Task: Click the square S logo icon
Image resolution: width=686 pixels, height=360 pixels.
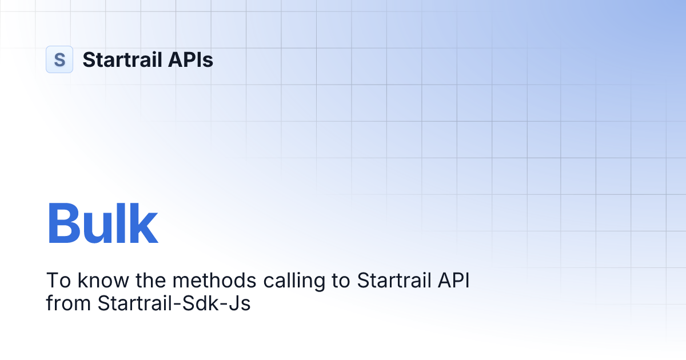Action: [59, 59]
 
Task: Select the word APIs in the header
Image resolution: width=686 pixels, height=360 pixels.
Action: [192, 59]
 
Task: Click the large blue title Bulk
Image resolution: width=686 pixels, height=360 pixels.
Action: [102, 224]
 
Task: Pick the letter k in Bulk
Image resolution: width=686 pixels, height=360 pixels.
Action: [142, 224]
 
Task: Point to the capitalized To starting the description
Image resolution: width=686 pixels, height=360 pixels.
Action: [55, 281]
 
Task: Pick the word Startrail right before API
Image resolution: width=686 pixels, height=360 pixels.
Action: [394, 281]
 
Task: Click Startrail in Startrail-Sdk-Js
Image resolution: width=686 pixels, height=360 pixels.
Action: [135, 303]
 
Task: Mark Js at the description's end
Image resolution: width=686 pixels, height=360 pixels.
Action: [241, 303]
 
